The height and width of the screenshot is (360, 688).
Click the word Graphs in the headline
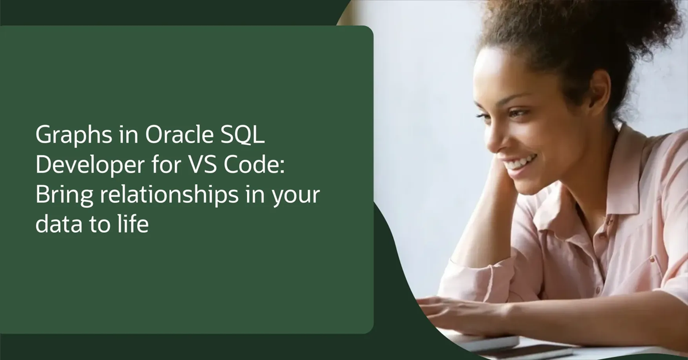(64, 136)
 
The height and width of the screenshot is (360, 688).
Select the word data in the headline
(56, 224)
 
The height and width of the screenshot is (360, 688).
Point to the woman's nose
(498, 136)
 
